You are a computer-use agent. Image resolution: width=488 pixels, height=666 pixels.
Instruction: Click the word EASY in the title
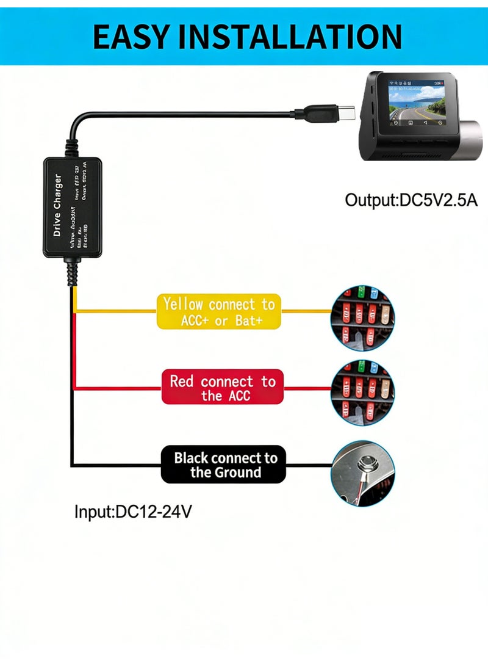(x=131, y=37)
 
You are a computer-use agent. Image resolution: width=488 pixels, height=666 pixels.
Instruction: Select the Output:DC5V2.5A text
(x=411, y=200)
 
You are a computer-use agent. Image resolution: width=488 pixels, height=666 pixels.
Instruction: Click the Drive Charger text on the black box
(x=57, y=206)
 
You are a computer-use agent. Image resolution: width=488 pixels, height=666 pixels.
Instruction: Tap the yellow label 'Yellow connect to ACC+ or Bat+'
(x=219, y=311)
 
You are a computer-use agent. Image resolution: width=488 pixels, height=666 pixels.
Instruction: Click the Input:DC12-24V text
(x=133, y=511)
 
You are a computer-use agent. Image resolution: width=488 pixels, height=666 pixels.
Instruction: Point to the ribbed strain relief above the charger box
(x=72, y=145)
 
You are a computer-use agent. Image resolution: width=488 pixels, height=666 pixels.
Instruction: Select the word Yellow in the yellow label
(x=184, y=304)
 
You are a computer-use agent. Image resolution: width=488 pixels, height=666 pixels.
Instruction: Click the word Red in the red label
(x=181, y=382)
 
